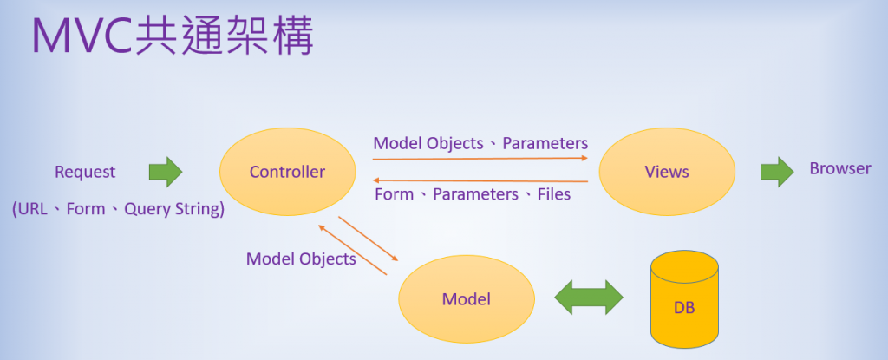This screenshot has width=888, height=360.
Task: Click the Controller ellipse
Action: click(287, 172)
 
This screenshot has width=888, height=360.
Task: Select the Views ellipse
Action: click(667, 172)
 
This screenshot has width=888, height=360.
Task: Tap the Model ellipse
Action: click(466, 299)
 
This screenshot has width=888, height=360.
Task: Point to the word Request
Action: click(85, 172)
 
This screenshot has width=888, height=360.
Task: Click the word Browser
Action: click(839, 168)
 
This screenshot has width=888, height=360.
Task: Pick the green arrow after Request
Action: click(165, 172)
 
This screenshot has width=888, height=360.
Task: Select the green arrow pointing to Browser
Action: click(777, 171)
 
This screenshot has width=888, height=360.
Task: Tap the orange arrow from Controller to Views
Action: click(480, 158)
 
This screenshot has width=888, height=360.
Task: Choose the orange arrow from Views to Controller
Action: click(480, 180)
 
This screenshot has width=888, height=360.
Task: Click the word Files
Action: click(553, 194)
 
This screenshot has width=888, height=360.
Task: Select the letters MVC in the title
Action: click(83, 36)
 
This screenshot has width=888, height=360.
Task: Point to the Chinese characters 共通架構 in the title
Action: click(225, 36)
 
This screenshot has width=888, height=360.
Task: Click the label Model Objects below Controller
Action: click(301, 259)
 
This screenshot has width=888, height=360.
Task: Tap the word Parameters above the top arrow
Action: click(545, 143)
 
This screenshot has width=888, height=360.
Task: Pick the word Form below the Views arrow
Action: click(394, 194)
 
